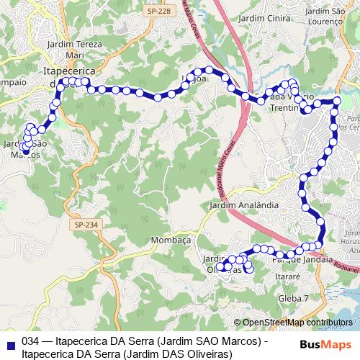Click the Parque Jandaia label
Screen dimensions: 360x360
coord(303,260)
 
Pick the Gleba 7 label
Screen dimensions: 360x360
coord(294,297)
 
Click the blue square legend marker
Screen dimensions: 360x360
coord(10,343)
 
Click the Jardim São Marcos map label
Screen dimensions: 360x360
coord(26,149)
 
